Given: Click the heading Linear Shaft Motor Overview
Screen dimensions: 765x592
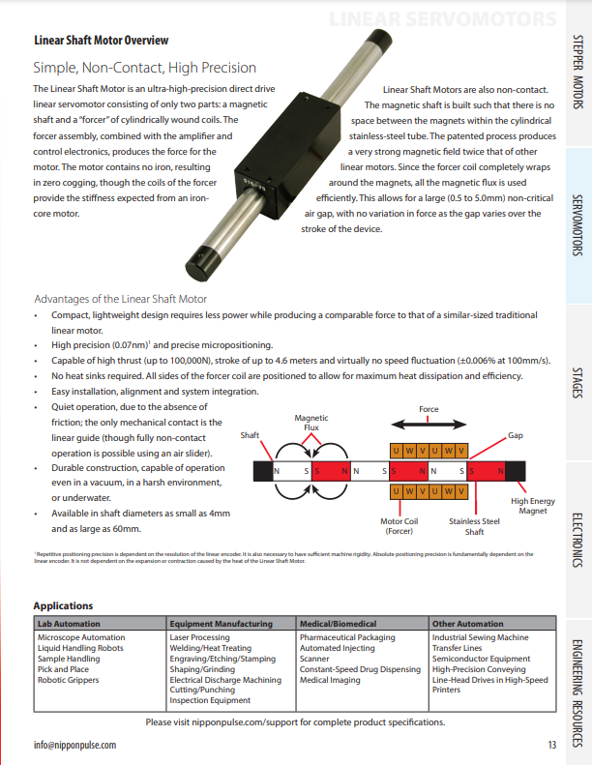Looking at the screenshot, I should [101, 40].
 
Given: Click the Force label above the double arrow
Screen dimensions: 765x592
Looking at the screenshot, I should [429, 410].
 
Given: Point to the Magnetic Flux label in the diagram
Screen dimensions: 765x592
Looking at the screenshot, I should [311, 423].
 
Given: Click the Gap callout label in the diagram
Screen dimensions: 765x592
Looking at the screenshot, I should [516, 436].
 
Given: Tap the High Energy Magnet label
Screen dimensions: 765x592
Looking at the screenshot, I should [532, 506].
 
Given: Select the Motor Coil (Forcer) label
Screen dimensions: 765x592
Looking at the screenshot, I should [399, 526].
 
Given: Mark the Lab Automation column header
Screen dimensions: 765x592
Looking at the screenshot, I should [69, 624].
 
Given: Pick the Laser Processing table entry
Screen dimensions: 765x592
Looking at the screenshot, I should [199, 638].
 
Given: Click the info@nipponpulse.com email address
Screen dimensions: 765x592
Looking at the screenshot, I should [74, 746].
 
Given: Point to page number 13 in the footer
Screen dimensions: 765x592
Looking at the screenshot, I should [551, 746].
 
